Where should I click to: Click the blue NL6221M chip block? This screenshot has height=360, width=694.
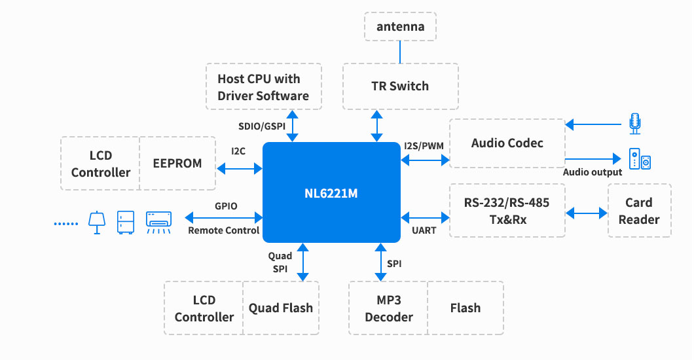331,193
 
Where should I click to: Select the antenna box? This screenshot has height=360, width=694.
400,27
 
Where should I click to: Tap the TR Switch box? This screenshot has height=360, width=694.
400,86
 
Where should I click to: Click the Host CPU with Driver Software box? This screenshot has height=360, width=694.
263,87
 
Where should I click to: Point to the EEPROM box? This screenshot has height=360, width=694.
178,163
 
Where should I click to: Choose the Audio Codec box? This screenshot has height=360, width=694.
507,143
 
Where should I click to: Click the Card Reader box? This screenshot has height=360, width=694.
639,211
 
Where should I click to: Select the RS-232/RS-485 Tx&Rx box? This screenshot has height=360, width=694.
507,211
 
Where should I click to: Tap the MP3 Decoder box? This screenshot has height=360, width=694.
388,308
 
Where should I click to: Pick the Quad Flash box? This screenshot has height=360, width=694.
281,308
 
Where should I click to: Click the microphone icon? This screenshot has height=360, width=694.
634,122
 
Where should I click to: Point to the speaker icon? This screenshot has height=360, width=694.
640,159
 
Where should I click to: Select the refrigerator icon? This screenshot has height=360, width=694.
126,222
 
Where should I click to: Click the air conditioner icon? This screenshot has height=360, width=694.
159,221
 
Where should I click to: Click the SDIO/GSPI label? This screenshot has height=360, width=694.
262,126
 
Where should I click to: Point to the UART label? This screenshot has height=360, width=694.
424,230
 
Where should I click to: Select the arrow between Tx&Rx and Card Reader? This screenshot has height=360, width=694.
587,213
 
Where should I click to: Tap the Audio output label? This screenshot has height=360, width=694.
593,172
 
